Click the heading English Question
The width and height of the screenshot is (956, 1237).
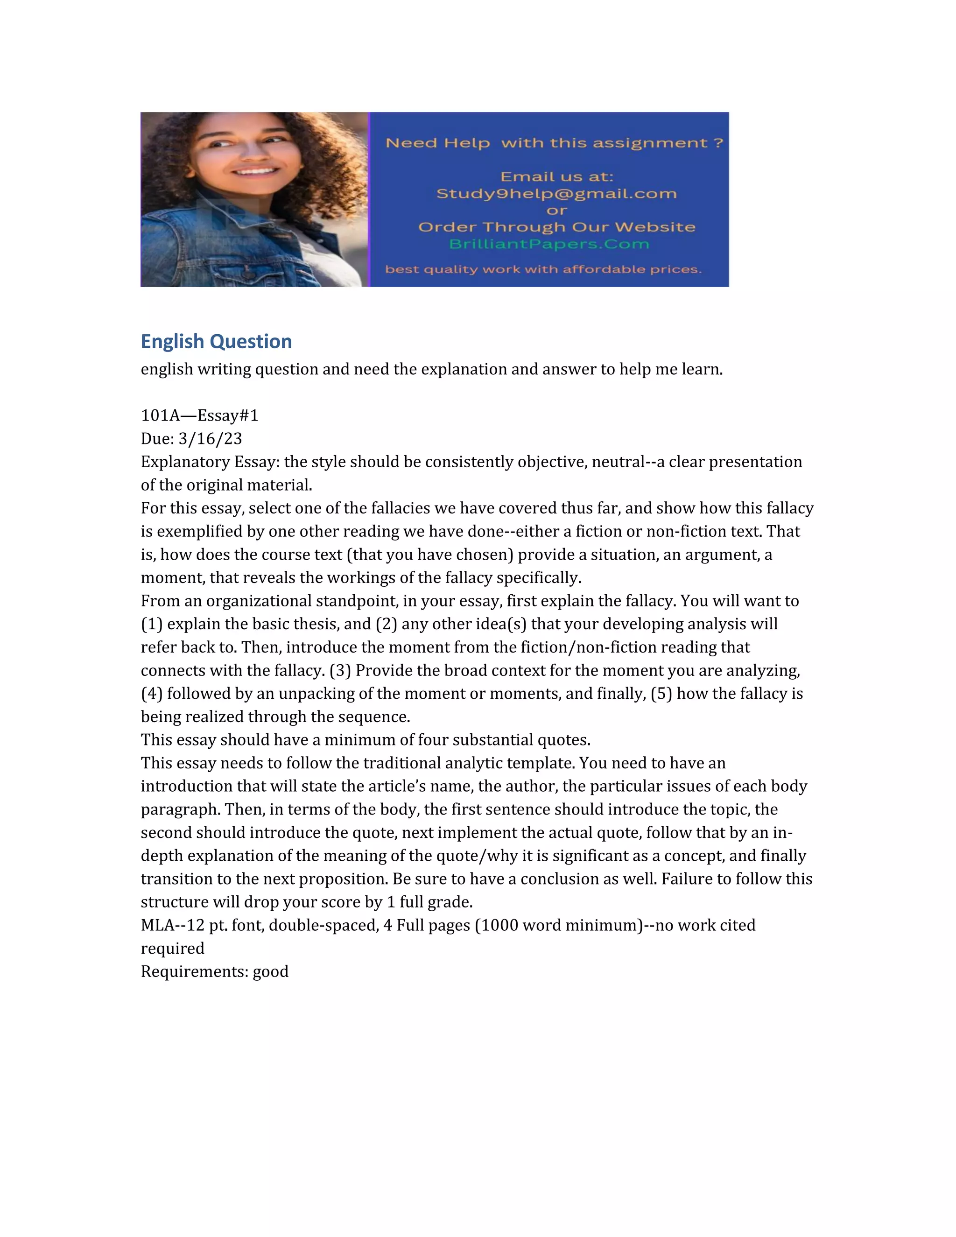pos(216,342)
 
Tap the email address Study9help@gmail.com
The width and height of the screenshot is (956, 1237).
pos(556,194)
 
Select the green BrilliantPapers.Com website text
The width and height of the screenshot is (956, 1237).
pos(549,244)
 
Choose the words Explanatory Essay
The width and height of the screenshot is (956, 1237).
pos(210,462)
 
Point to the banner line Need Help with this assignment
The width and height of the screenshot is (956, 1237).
pos(554,143)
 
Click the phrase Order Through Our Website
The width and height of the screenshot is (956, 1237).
pos(556,227)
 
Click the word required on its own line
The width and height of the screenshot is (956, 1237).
pos(172,948)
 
